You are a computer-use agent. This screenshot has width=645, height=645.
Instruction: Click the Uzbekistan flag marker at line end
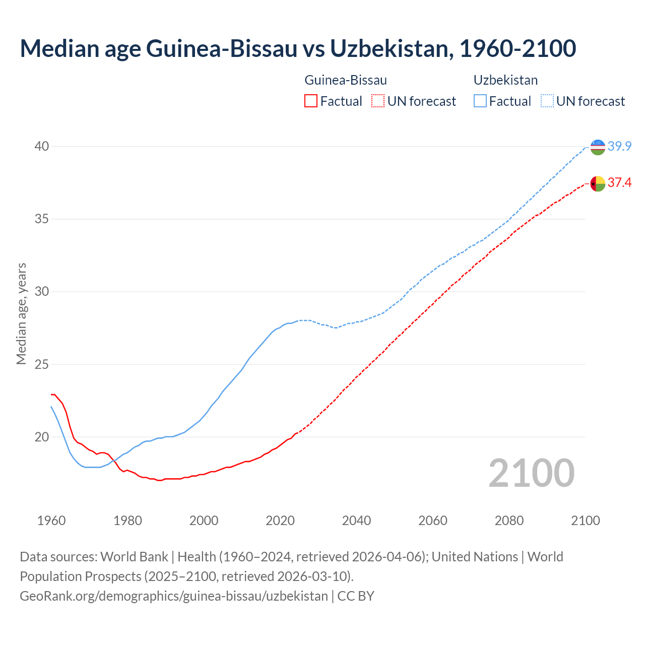click(x=598, y=147)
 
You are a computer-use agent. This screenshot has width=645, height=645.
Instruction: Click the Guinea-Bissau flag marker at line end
click(x=598, y=183)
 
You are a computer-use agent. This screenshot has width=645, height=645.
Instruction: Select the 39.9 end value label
click(x=619, y=147)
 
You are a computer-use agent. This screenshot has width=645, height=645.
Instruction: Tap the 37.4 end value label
click(x=619, y=183)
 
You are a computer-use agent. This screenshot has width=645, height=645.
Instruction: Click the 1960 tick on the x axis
click(x=51, y=521)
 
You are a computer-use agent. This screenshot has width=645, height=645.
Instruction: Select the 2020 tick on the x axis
click(x=280, y=521)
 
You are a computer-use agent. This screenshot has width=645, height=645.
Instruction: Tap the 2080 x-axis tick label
click(x=509, y=521)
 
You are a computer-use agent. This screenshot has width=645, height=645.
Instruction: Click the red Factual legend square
click(x=311, y=101)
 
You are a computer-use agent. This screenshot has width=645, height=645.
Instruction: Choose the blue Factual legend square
click(x=480, y=101)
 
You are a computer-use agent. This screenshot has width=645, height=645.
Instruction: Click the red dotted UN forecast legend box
click(x=378, y=101)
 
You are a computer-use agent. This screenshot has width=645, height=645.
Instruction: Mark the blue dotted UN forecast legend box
click(x=547, y=101)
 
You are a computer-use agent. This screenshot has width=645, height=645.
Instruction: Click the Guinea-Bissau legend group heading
click(x=346, y=80)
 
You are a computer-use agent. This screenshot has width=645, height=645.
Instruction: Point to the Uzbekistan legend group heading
click(x=505, y=80)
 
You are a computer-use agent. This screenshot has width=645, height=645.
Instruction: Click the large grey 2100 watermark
click(x=531, y=473)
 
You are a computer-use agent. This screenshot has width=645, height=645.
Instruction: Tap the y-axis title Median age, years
click(x=21, y=313)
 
